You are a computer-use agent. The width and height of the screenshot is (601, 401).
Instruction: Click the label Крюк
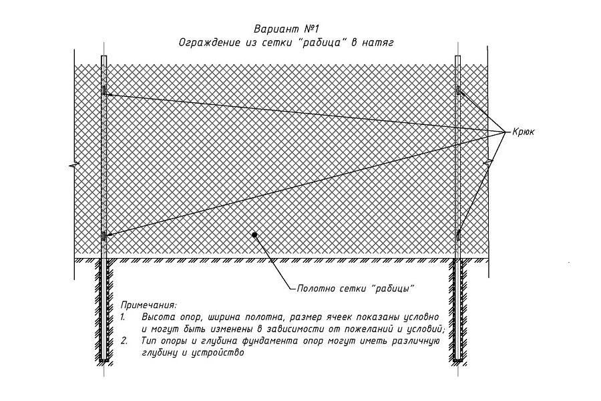523,132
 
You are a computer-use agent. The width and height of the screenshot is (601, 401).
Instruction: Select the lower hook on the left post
104,236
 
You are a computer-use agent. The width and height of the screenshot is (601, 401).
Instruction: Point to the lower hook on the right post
458,235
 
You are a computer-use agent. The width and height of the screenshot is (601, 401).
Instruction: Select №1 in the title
312,29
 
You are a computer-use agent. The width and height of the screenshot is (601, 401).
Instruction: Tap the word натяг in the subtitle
378,43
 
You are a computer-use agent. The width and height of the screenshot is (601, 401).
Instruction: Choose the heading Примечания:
149,306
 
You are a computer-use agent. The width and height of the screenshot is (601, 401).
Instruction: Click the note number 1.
123,317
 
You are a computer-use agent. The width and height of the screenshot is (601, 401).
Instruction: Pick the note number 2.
124,341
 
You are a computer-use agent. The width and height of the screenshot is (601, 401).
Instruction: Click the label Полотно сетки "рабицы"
356,289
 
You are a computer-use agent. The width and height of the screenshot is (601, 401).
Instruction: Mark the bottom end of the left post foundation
104,361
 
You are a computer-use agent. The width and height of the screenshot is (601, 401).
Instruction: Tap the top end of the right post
458,56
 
